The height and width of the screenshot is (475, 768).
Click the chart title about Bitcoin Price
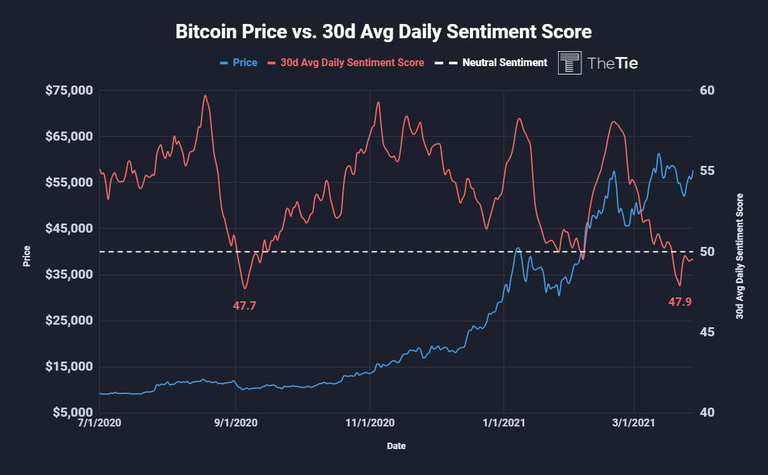384,32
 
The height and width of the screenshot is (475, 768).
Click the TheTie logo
598,63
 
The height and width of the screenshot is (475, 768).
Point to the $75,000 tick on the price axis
69,90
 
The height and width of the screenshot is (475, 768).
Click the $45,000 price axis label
69,229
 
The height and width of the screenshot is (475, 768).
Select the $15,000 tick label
69,367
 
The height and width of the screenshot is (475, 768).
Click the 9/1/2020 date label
236,423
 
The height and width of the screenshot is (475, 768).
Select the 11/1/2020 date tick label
369,423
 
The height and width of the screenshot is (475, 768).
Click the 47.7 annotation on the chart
244,305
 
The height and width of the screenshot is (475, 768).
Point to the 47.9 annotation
680,301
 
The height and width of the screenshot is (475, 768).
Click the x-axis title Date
397,446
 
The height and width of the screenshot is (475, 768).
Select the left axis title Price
27,257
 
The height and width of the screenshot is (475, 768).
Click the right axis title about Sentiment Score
739,257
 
